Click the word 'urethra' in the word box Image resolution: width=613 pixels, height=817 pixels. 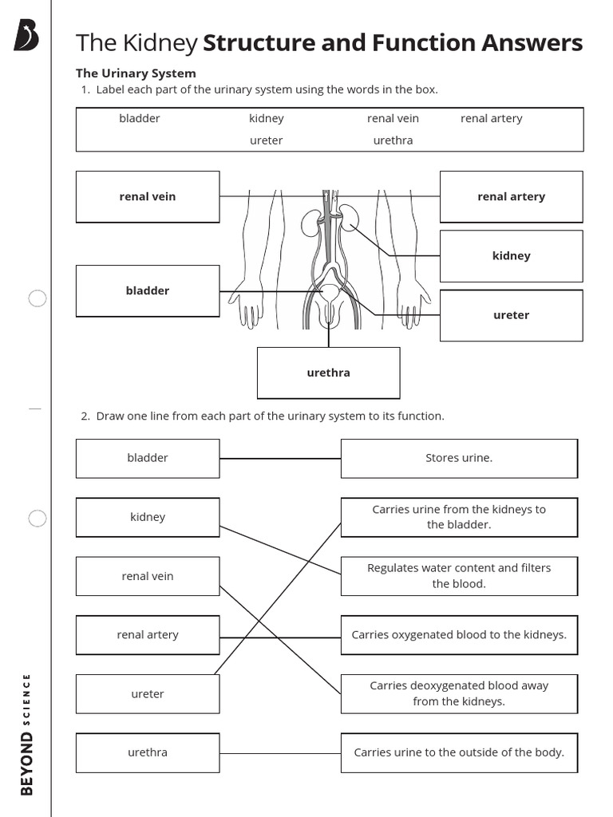[393, 140]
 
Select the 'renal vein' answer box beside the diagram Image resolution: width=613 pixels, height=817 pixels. [148, 196]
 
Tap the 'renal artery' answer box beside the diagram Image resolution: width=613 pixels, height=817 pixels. [511, 196]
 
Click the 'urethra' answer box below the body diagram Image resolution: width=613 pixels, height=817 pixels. [328, 373]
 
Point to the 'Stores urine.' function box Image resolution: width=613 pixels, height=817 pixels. [459, 458]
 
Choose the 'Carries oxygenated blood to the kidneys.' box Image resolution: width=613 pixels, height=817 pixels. [459, 635]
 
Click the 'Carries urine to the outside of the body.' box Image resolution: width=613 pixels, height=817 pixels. [459, 752]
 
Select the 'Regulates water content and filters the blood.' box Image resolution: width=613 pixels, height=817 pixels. [459, 576]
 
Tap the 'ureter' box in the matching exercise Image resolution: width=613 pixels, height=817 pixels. [148, 694]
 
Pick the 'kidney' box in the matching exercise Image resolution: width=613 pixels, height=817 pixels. [148, 517]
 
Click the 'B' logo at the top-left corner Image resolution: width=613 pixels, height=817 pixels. [26, 36]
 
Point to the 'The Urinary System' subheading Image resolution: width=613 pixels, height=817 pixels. [136, 73]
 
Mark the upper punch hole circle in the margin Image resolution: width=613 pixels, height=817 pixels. [38, 299]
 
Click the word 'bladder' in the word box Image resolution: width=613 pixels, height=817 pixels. [140, 118]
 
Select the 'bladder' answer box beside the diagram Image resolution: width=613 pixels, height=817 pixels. [148, 290]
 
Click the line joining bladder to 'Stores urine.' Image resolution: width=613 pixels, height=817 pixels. [279, 459]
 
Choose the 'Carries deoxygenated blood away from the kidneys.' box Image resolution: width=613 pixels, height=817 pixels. [459, 694]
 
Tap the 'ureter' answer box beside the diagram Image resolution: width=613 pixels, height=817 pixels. [511, 315]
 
